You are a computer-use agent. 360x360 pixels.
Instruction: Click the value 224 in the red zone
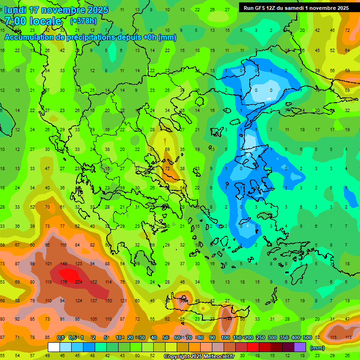click(x=78, y=282)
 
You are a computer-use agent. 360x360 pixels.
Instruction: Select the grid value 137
click(x=93, y=300)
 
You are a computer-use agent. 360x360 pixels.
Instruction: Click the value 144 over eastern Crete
click(x=228, y=319)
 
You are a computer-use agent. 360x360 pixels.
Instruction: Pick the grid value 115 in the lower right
click(x=333, y=337)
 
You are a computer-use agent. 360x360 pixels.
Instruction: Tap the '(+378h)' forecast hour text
click(x=83, y=21)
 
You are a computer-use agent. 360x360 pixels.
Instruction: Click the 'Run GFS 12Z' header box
click(x=296, y=8)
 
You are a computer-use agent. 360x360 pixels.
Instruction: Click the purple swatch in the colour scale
click(x=300, y=347)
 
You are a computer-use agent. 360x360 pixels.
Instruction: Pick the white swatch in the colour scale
click(x=54, y=347)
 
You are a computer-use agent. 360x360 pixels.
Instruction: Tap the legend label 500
click(x=307, y=337)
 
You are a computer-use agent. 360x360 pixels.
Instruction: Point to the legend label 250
click(x=260, y=337)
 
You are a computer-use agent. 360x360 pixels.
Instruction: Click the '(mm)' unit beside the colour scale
click(x=318, y=348)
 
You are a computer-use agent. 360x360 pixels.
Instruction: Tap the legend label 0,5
click(x=73, y=337)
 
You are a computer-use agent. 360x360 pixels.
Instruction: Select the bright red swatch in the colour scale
click(x=253, y=347)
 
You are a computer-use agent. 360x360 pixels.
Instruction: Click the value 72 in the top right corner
click(x=347, y=30)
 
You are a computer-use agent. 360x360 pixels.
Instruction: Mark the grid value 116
click(x=63, y=245)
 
